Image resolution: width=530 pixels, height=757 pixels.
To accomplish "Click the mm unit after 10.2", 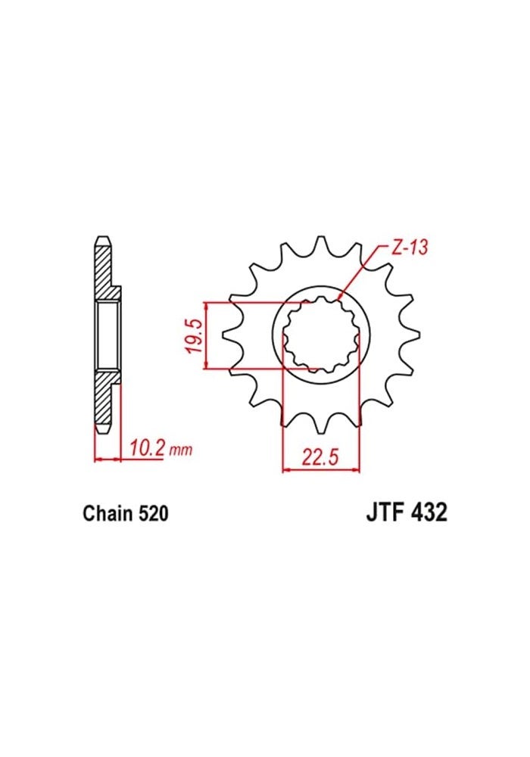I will pyautogui.click(x=180, y=451).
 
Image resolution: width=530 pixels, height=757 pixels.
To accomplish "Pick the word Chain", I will pyautogui.click(x=108, y=514).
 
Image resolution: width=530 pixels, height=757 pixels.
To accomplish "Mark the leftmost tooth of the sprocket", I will pyautogui.click(x=229, y=333).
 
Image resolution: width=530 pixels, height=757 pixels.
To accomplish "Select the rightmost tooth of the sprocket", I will pyautogui.click(x=413, y=333).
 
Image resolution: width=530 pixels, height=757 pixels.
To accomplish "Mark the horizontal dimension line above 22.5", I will pyautogui.click(x=322, y=470).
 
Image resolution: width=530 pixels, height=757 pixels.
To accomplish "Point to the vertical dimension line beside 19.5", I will pyautogui.click(x=206, y=335).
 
